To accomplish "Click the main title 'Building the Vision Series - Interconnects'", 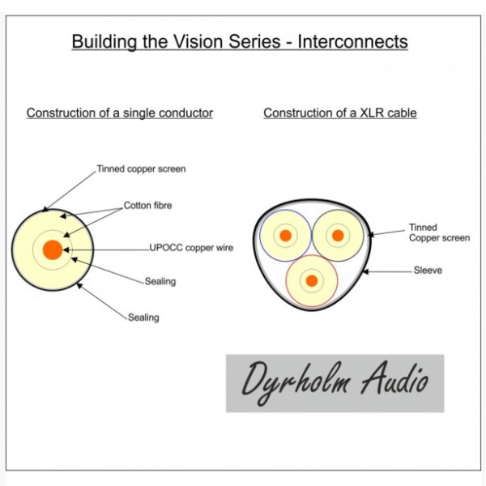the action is tap(240, 42).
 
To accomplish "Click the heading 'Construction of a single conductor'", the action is tap(120, 113).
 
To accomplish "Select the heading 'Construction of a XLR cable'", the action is tap(340, 113).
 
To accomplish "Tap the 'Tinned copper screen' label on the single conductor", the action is tap(141, 169).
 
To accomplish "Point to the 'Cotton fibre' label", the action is tap(148, 205).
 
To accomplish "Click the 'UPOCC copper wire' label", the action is tap(191, 248).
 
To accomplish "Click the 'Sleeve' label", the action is tap(428, 271).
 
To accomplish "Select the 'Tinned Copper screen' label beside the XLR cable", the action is tap(439, 232).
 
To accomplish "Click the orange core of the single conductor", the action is tap(53, 249).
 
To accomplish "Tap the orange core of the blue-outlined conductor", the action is tap(285, 236).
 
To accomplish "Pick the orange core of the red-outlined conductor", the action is tap(312, 281).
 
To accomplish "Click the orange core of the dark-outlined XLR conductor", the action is tap(338, 236).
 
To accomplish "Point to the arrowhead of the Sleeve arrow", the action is tap(365, 272).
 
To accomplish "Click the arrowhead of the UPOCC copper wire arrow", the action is tap(66, 249).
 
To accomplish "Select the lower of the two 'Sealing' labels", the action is tap(143, 318).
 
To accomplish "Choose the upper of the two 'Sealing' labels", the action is tap(160, 281).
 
